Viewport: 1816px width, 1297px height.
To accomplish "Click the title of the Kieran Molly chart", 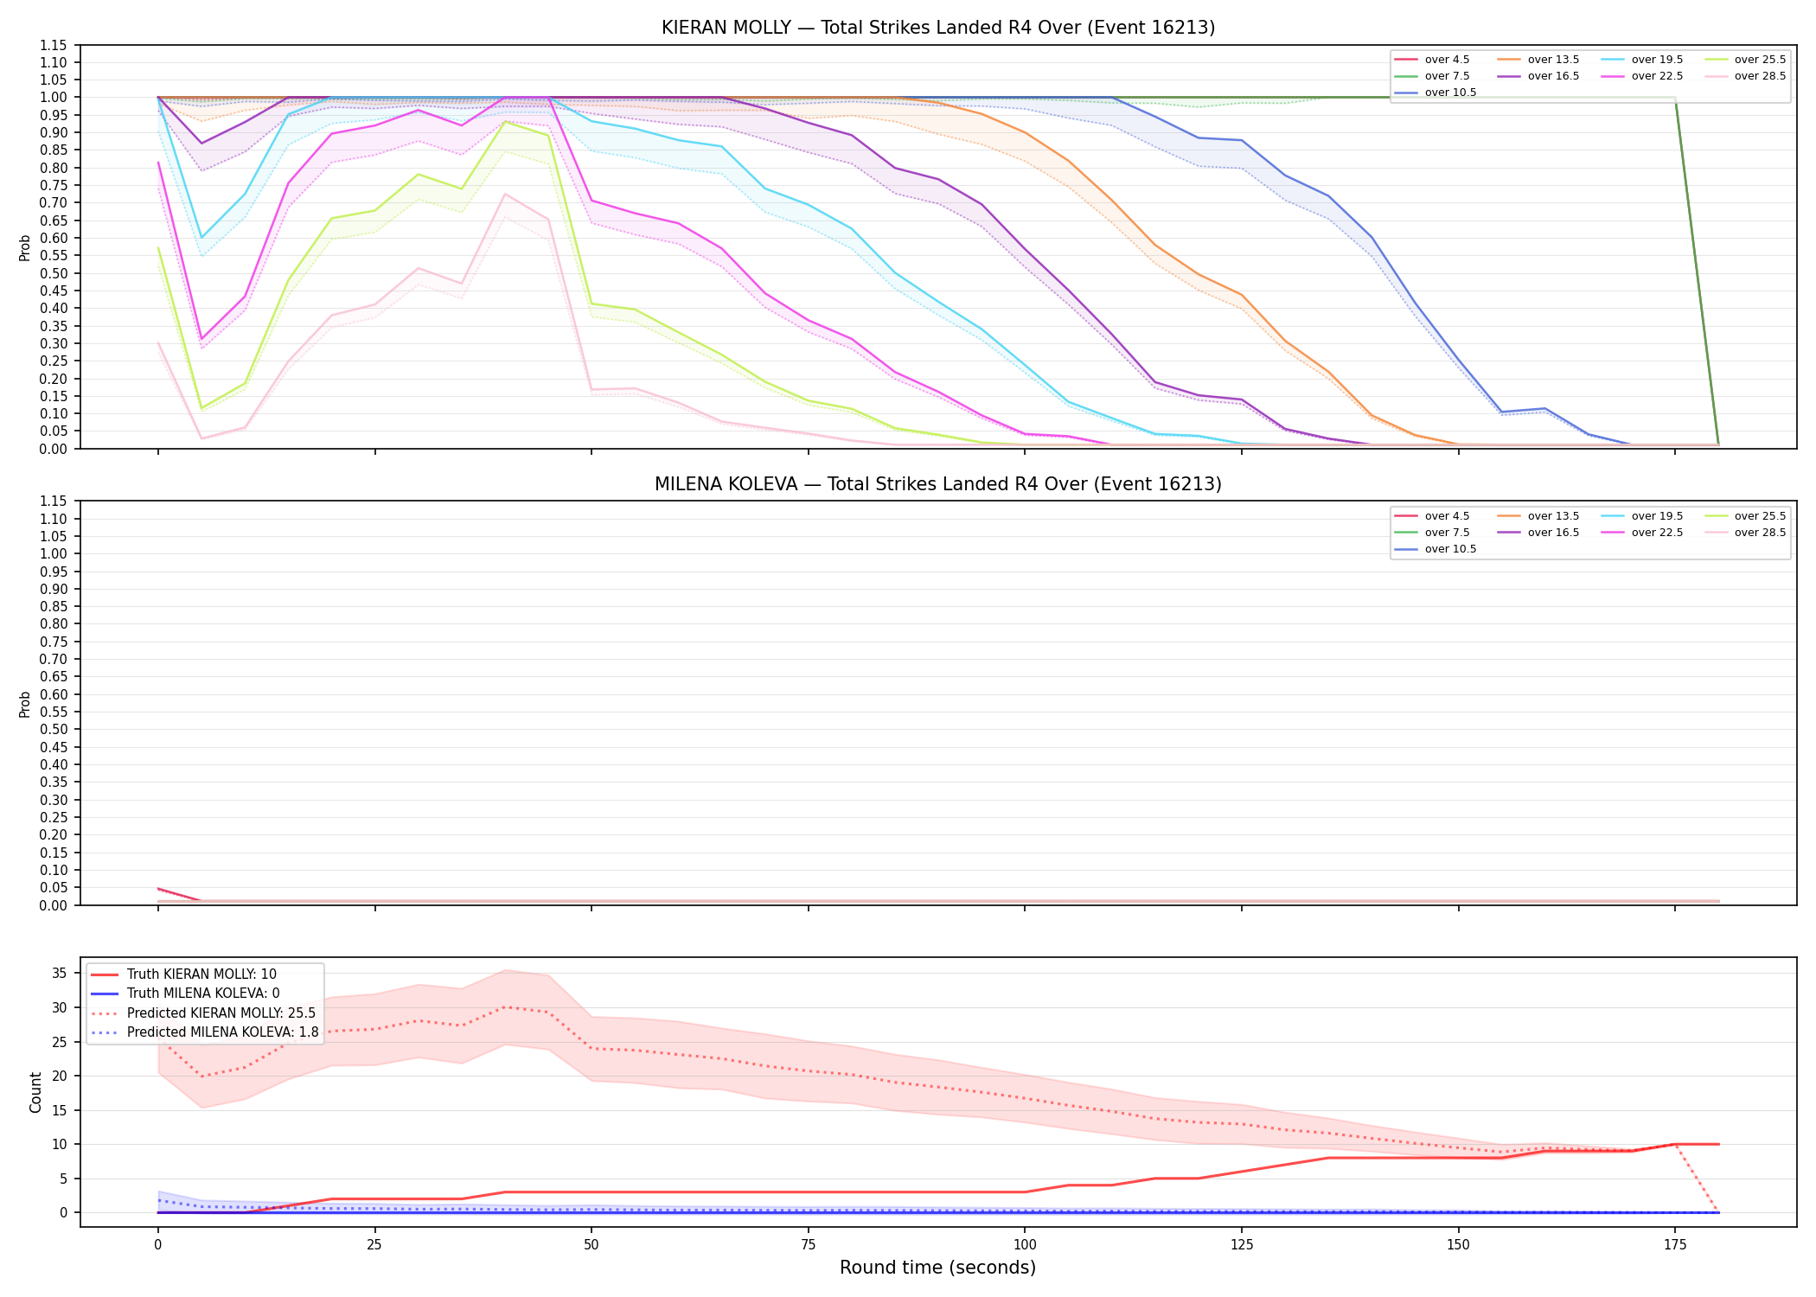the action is click(x=938, y=28).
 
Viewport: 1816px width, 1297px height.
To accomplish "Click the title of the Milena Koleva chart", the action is click(x=938, y=484).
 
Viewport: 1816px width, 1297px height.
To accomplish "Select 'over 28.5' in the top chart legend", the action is click(x=1760, y=76).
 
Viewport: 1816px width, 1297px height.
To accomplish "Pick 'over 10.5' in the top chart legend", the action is click(x=1450, y=93).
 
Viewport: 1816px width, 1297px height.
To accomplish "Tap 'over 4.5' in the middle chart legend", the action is click(x=1447, y=516).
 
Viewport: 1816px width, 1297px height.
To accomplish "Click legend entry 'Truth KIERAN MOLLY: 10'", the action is click(x=201, y=974).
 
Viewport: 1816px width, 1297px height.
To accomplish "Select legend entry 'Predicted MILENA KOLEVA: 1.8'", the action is click(x=222, y=1032).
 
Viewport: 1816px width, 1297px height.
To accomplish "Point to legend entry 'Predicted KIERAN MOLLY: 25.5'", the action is click(x=221, y=1013).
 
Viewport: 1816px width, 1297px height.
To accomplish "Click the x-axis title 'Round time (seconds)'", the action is click(x=937, y=1268).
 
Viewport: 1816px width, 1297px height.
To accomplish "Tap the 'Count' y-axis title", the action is click(x=35, y=1092).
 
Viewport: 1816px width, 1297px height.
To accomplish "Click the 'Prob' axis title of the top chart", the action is click(x=24, y=247).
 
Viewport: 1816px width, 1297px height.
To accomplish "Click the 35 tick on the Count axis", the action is click(x=60, y=973).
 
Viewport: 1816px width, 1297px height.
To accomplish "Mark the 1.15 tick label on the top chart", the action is click(x=54, y=45).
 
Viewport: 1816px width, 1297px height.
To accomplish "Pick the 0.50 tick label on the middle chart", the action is click(x=54, y=730).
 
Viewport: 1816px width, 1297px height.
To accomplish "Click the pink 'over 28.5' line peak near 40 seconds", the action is click(x=505, y=194).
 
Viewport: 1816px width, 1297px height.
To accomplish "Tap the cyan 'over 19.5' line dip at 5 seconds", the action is click(x=201, y=238).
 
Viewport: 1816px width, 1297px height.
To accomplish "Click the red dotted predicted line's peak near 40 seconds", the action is click(x=505, y=1007).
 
